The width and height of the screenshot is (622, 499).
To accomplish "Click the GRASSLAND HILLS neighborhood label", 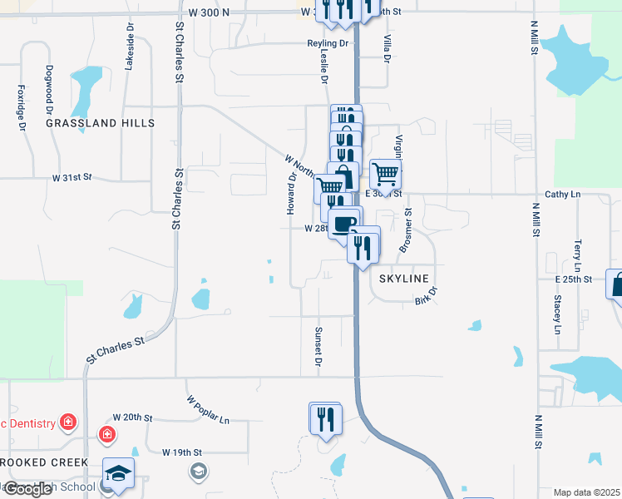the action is [x=100, y=123].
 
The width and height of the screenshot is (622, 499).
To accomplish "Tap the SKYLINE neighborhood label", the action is [x=404, y=279].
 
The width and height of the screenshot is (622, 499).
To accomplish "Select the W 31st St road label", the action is [x=71, y=178].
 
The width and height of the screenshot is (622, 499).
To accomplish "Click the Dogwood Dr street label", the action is [x=50, y=87].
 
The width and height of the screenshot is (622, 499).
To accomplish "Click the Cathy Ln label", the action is [x=562, y=195].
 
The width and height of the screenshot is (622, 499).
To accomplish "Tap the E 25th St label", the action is [x=574, y=279].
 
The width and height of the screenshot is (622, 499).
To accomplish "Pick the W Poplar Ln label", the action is [x=207, y=410].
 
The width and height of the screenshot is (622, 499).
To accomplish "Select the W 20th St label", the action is [x=133, y=417].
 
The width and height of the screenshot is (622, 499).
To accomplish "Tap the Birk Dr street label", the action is [x=426, y=296].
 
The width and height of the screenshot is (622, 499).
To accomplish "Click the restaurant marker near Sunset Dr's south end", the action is [x=325, y=418].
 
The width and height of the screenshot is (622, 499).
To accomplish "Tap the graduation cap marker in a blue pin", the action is [x=118, y=473].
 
